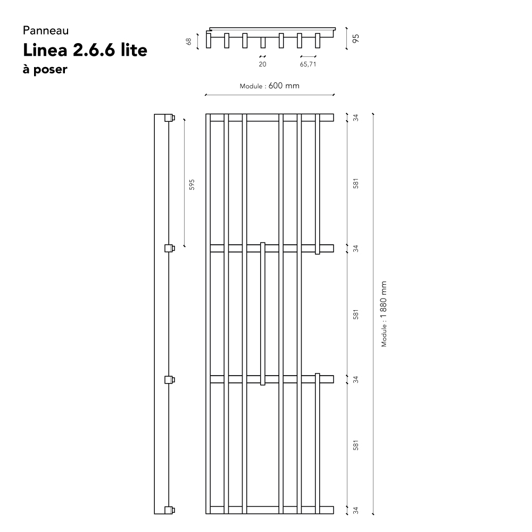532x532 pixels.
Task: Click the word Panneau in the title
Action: (46, 30)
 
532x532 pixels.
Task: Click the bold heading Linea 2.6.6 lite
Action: (85, 50)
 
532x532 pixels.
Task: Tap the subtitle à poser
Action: (45, 69)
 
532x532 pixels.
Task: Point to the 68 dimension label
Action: (189, 41)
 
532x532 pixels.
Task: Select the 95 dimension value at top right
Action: (355, 39)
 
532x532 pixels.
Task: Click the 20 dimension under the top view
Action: (263, 64)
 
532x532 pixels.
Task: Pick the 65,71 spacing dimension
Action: (308, 64)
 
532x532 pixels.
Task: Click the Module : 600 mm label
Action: (270, 86)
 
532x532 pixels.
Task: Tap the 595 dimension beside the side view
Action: (192, 185)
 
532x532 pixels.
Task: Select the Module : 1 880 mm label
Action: (384, 314)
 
